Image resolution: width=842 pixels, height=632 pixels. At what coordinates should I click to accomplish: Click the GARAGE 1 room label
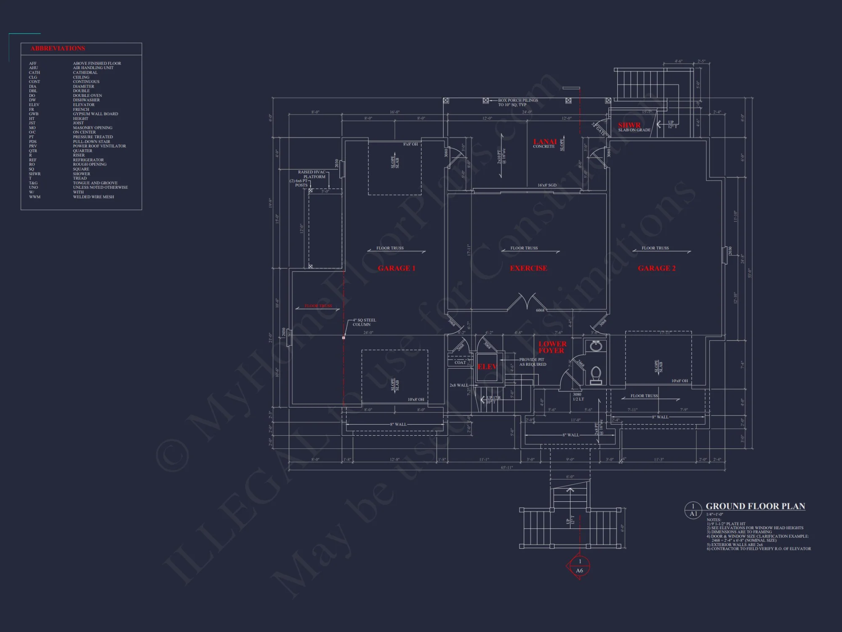tap(397, 268)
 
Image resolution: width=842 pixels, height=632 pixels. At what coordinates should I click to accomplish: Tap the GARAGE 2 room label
tap(657, 268)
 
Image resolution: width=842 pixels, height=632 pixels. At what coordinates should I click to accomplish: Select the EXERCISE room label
tap(528, 268)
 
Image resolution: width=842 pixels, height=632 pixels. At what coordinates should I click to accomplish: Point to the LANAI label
tap(545, 142)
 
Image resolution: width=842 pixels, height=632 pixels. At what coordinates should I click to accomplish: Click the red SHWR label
tap(629, 125)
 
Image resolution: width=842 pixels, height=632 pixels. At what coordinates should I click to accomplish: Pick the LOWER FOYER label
tap(552, 347)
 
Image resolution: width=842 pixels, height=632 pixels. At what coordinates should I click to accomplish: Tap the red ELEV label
tap(487, 367)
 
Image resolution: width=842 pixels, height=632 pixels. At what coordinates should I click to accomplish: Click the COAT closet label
tap(460, 362)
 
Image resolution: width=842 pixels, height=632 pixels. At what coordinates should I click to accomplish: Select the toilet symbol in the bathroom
tap(596, 375)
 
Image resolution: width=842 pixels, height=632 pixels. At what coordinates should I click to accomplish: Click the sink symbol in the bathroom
tap(596, 346)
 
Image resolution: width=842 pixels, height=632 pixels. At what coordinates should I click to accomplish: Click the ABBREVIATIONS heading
tap(58, 48)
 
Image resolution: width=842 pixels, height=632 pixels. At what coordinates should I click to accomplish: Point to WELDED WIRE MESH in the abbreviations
tap(93, 197)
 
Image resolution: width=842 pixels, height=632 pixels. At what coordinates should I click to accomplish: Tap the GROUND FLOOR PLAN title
tap(755, 506)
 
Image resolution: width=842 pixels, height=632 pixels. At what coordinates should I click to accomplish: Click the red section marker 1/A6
tap(579, 566)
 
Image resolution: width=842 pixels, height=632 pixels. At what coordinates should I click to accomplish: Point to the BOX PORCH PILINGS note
tap(518, 102)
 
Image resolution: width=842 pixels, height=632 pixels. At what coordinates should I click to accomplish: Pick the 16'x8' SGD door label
tap(547, 185)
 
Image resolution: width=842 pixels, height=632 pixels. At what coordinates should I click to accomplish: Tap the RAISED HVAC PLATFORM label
tap(312, 174)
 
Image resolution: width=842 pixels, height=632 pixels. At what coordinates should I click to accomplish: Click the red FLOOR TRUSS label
tap(318, 306)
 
